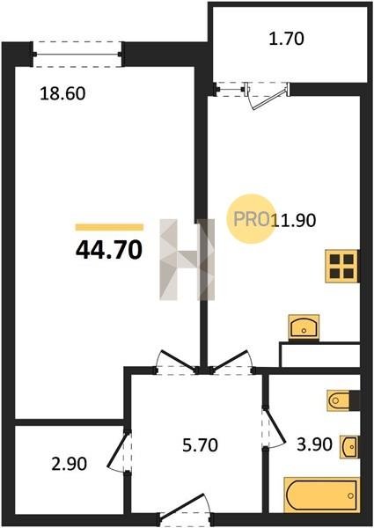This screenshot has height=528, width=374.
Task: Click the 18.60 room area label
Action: pos(62,93)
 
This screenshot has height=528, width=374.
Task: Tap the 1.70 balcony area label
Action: pos(286,39)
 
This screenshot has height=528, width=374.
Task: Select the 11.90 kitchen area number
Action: pos(294,221)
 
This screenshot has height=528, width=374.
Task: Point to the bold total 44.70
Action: pos(109,251)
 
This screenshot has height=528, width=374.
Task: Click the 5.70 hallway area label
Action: pos(200,444)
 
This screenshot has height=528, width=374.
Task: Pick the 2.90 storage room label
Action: pos(70,464)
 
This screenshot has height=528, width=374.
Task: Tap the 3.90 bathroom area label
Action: pos(314,444)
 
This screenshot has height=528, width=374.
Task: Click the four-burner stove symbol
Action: pos(341,266)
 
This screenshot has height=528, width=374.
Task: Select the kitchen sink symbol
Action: pos(304,327)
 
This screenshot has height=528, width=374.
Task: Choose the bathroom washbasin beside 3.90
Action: pos(349,446)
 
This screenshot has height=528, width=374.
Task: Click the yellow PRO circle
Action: pos(251,218)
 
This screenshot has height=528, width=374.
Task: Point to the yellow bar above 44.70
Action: pos(109,227)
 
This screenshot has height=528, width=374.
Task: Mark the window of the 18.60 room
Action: pos(77,54)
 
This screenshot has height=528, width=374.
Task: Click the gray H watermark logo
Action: pos(187,260)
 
